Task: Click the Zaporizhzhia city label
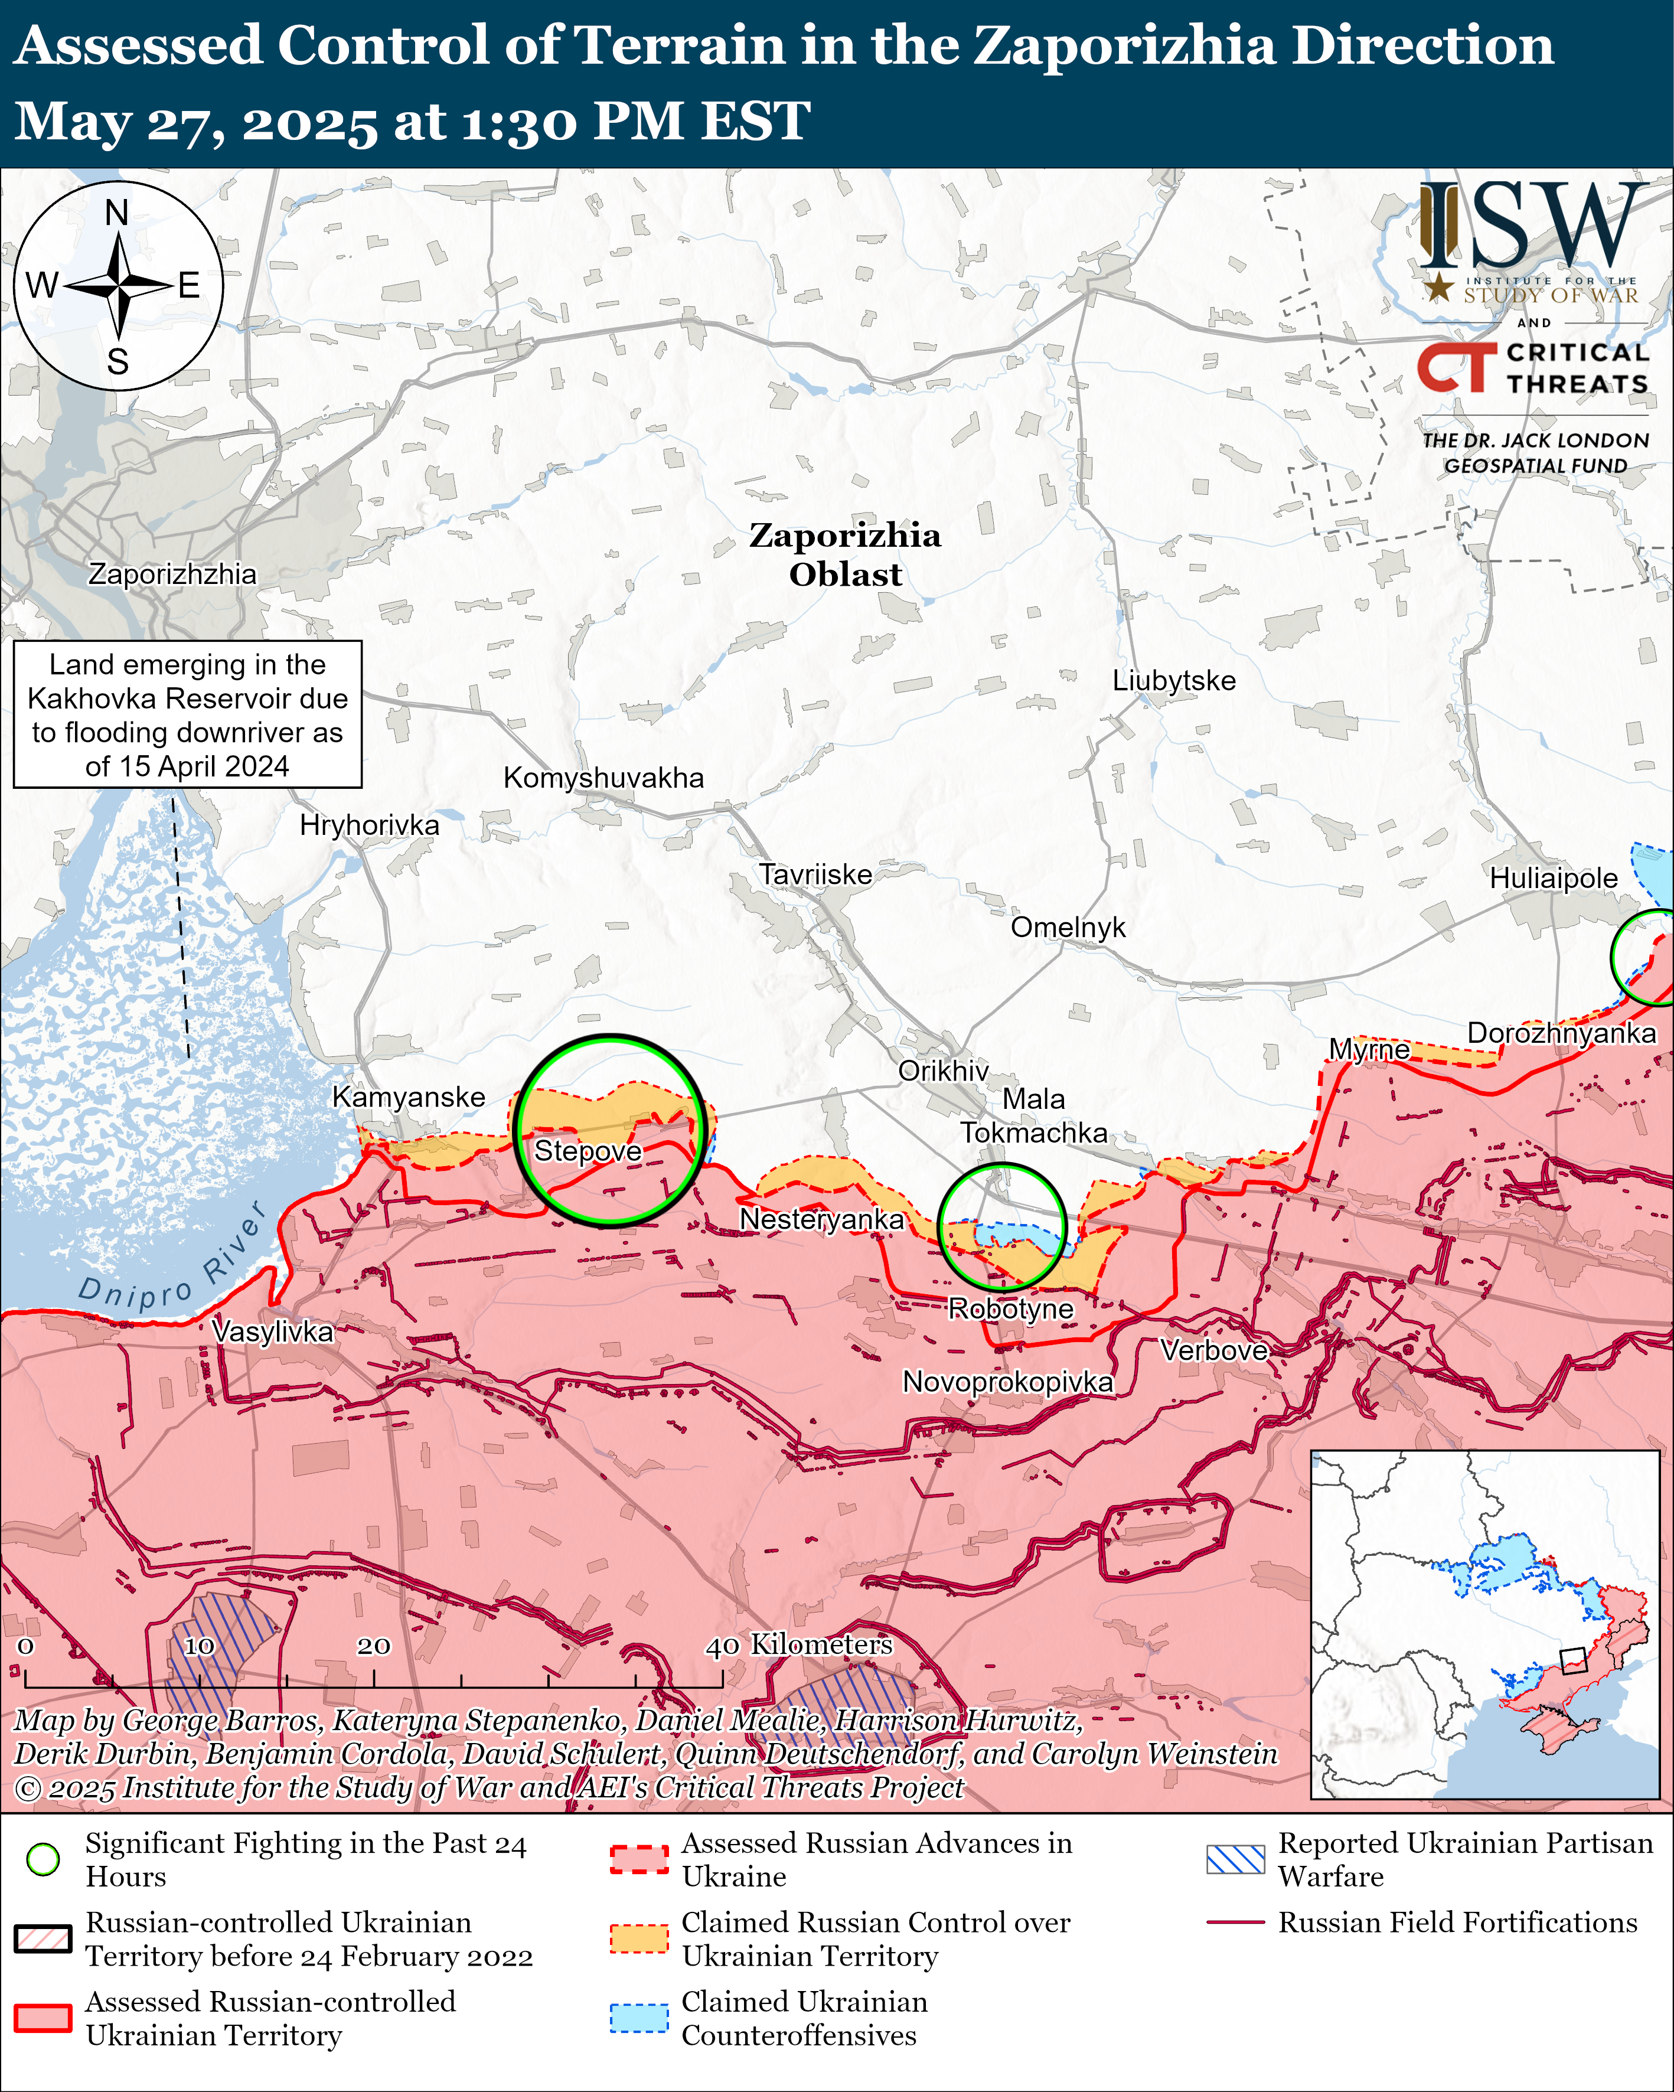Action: [173, 575]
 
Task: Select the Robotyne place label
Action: [1010, 1309]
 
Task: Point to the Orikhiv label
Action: [942, 1071]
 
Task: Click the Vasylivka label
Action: [273, 1331]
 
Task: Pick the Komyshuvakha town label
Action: [603, 778]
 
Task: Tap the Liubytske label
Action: [1173, 680]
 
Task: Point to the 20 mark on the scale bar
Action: [374, 1646]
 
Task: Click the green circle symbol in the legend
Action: [43, 1859]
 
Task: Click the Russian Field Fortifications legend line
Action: [1235, 1922]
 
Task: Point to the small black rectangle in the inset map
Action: [1572, 1661]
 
